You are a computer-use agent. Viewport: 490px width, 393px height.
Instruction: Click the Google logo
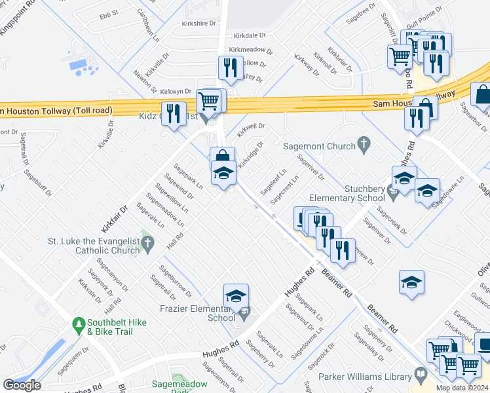[x=22, y=385]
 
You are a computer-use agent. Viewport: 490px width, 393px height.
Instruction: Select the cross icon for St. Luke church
[x=148, y=245]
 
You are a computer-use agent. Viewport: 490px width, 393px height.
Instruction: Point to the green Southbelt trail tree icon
[x=79, y=324]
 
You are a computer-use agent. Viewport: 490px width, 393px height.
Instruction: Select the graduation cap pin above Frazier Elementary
[x=236, y=297]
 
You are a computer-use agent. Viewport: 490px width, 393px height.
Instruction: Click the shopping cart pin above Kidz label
[x=209, y=102]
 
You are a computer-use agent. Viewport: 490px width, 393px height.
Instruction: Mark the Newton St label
[x=145, y=82]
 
